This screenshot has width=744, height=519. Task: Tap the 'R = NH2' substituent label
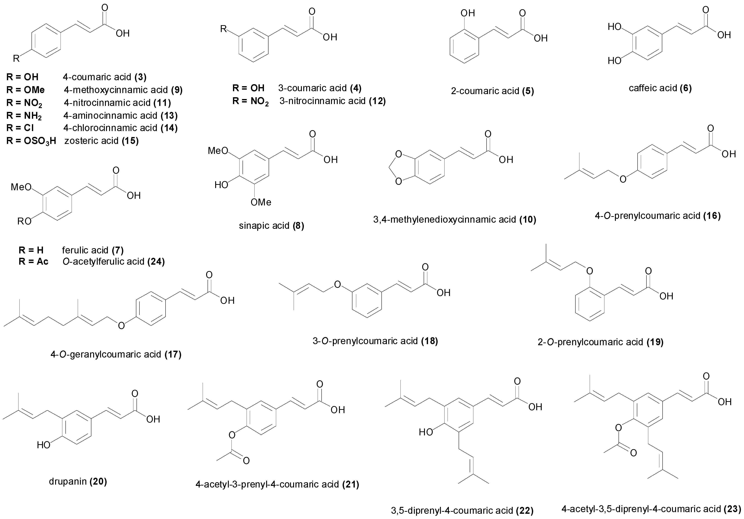pos(24,115)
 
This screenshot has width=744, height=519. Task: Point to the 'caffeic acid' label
pos(653,88)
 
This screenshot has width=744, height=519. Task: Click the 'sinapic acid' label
pos(264,226)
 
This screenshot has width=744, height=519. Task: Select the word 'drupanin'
pos(68,482)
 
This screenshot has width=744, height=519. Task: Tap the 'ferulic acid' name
pos(85,250)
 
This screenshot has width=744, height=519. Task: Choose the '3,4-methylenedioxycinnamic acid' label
pos(445,220)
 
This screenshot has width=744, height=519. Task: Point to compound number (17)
pos(173,354)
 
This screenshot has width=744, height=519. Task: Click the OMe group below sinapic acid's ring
pos(261,203)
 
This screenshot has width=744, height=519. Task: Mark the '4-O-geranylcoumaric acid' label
pos(106,354)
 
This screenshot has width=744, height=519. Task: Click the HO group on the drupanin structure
pos(44,445)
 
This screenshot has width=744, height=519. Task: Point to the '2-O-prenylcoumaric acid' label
pos(590,342)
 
